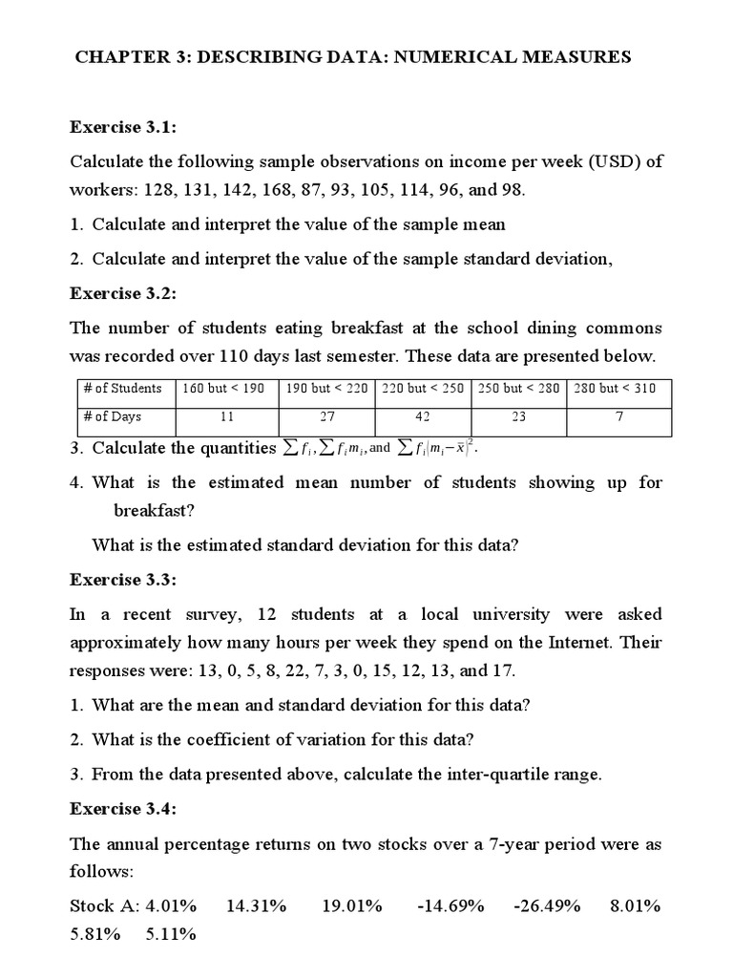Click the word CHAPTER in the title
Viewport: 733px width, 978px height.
coord(122,57)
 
